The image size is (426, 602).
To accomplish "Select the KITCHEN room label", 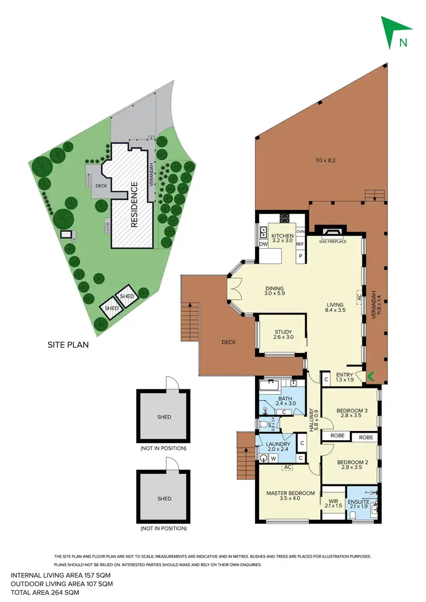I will tap(282, 236).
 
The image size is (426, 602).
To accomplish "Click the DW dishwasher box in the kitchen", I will tap(263, 244).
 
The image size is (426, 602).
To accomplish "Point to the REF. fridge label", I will tap(300, 244).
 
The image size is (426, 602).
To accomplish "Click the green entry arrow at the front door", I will tap(371, 375).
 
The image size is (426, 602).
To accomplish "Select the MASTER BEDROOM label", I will tap(290, 493).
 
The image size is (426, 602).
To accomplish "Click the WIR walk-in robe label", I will tap(333, 501).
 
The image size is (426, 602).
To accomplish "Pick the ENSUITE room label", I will tap(359, 502).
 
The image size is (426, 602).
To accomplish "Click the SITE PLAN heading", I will tap(68, 344).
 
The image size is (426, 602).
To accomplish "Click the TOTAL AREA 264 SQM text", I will tap(45, 592).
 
